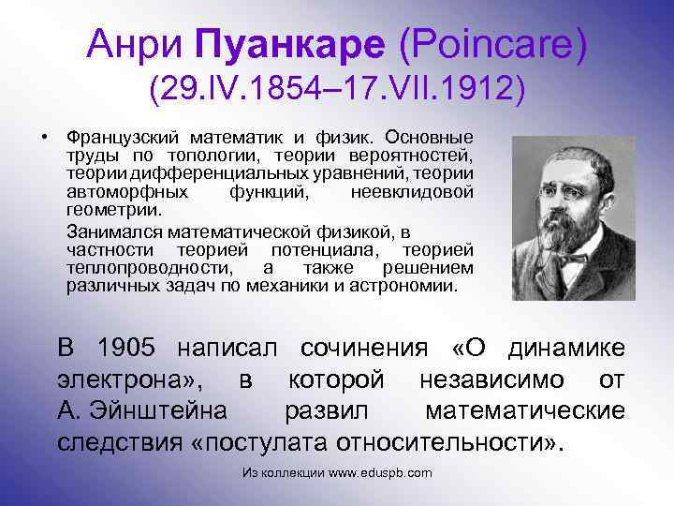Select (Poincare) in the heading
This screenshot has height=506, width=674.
pyautogui.click(x=492, y=44)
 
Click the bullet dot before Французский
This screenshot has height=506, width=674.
pyautogui.click(x=43, y=138)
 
